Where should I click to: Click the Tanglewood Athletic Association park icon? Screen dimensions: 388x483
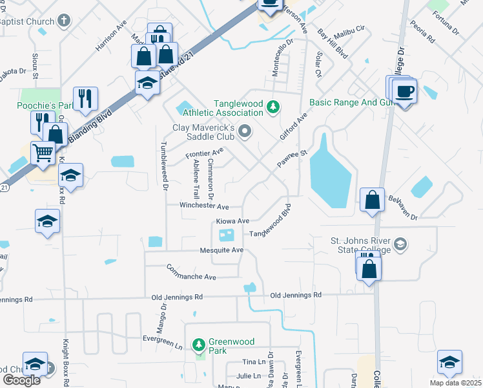point(273,106)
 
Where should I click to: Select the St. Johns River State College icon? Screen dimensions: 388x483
point(400,244)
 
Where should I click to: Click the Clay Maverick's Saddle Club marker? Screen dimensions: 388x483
point(245,133)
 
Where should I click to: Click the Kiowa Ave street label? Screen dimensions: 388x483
point(232,221)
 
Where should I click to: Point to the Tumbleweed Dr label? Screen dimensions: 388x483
point(165,166)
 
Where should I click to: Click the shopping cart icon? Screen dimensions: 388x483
point(43,153)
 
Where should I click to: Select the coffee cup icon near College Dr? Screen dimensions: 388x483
point(404,91)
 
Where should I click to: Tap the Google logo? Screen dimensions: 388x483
point(21,380)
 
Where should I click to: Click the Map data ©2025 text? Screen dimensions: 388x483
point(455,383)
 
